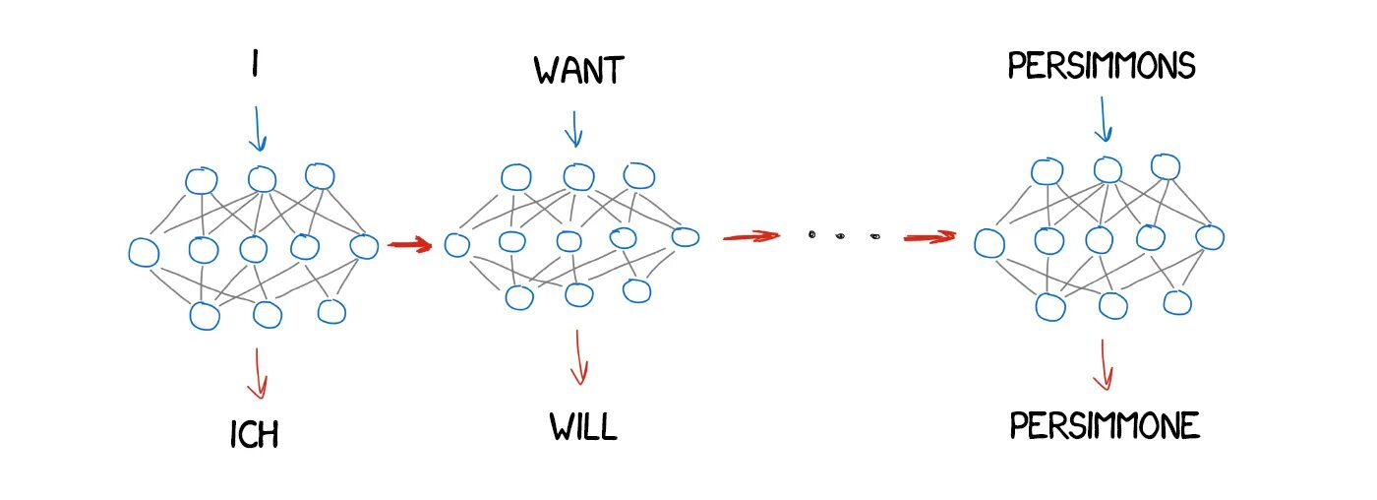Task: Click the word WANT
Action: (x=579, y=71)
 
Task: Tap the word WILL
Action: (x=583, y=427)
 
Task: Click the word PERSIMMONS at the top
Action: (x=1101, y=66)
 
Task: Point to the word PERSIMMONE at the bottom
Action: (x=1106, y=426)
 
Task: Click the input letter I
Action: (x=256, y=66)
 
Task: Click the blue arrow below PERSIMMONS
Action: (x=1103, y=118)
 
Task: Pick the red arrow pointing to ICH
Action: (x=258, y=373)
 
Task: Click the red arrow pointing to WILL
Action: (x=578, y=358)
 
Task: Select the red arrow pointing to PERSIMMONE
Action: (x=1105, y=364)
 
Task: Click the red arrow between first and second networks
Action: (x=410, y=244)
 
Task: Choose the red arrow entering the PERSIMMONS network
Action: (x=929, y=236)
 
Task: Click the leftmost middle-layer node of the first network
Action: (x=144, y=252)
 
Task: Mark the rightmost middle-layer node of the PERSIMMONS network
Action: (x=1210, y=237)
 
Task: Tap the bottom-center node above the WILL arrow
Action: (x=578, y=293)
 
